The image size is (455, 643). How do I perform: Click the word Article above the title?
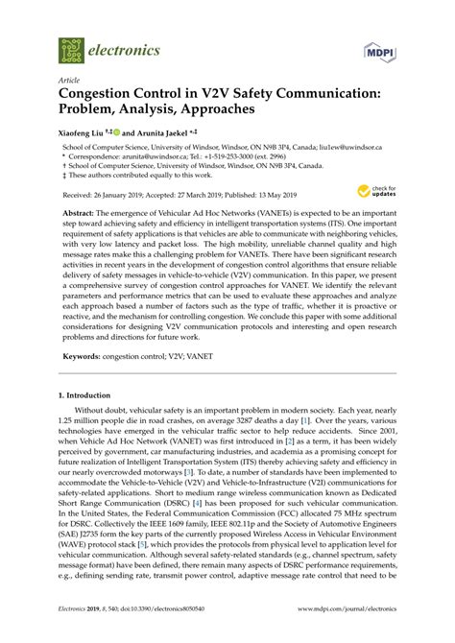coord(68,80)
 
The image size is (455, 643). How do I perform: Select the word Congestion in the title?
coord(102,94)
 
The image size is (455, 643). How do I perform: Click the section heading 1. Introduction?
coord(89,367)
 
